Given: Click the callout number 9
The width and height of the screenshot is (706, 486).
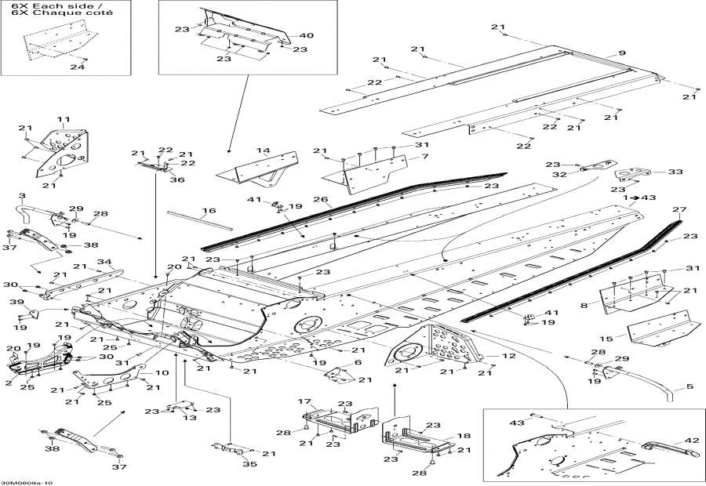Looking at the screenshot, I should pyautogui.click(x=622, y=53).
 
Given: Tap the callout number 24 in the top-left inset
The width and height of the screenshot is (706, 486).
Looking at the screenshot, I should pyautogui.click(x=76, y=67).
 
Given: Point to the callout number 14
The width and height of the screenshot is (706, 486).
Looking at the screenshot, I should pyautogui.click(x=262, y=150).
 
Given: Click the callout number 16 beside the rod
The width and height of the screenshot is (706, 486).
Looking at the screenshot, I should pyautogui.click(x=207, y=211).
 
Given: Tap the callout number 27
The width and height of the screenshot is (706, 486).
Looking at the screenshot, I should pyautogui.click(x=679, y=209).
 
